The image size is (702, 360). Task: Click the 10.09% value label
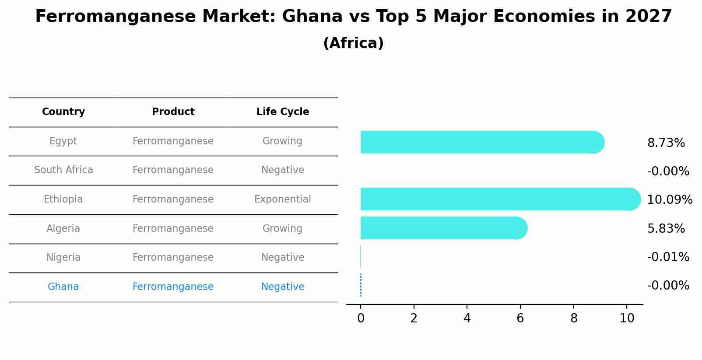pyautogui.click(x=669, y=200)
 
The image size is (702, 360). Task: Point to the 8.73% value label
pyautogui.click(x=666, y=143)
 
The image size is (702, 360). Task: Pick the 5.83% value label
pyautogui.click(x=666, y=229)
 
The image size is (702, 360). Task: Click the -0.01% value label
pyautogui.click(x=668, y=257)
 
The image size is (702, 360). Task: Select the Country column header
pyautogui.click(x=63, y=112)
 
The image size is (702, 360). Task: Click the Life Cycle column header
pyautogui.click(x=283, y=112)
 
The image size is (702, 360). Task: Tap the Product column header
pyautogui.click(x=173, y=112)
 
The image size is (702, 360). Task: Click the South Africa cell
pyautogui.click(x=63, y=170)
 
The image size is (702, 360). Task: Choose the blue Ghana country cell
pyautogui.click(x=63, y=287)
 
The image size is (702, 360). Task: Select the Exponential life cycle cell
pyautogui.click(x=283, y=199)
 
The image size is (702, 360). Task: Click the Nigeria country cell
pyautogui.click(x=63, y=258)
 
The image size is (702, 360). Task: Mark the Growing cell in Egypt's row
pyautogui.click(x=282, y=141)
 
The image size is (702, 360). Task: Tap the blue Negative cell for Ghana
pyautogui.click(x=283, y=287)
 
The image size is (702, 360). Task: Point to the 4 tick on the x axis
pyautogui.click(x=467, y=318)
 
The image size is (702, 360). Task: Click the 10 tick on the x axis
pyautogui.click(x=627, y=318)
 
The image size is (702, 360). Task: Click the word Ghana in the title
pyautogui.click(x=312, y=17)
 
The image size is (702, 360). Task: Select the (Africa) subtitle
pyautogui.click(x=353, y=43)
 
